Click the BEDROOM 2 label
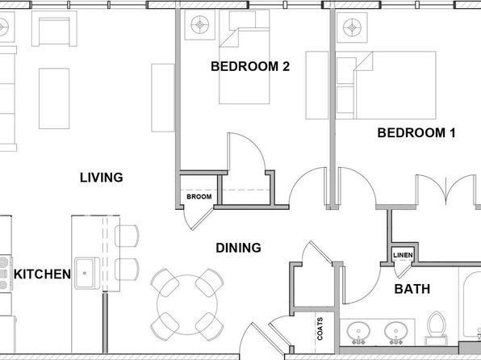click(250, 66)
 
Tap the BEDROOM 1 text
click(416, 132)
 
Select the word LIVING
click(101, 178)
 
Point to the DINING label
click(238, 248)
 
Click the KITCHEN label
click(42, 274)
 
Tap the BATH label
click(412, 289)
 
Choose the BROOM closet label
click(199, 196)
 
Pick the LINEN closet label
click(403, 255)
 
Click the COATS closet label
click(320, 329)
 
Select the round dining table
click(187, 304)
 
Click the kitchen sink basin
click(85, 273)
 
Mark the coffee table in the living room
click(54, 98)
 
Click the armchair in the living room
click(54, 28)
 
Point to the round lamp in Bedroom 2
click(199, 24)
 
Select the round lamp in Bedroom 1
click(352, 27)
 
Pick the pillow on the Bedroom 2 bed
click(242, 20)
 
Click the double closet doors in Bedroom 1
click(446, 190)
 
